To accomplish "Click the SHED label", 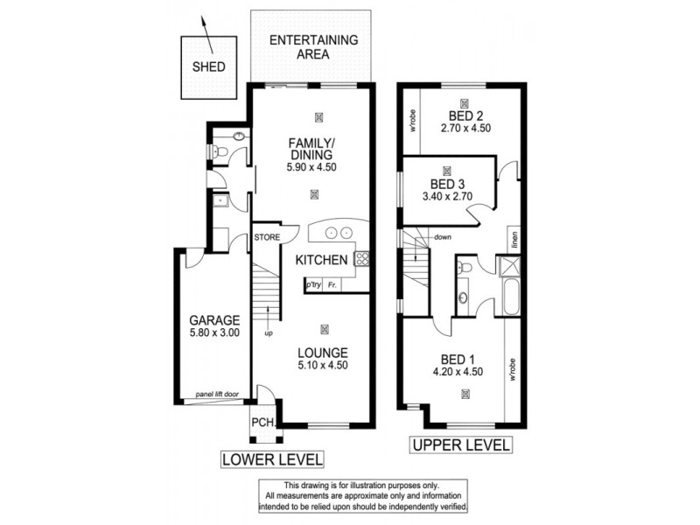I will click(x=208, y=66).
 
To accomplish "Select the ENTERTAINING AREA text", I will click(x=313, y=46).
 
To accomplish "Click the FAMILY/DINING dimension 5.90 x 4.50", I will click(x=312, y=168).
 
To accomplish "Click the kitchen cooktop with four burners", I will click(x=361, y=257).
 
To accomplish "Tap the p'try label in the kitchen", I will click(x=312, y=285).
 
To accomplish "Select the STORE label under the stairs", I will click(x=266, y=236).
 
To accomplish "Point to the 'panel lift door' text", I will click(x=217, y=395).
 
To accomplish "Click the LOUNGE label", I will click(x=322, y=353).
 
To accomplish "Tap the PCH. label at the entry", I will click(x=263, y=423).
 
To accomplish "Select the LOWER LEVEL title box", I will click(x=272, y=458).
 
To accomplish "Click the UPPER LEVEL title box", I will click(x=460, y=446).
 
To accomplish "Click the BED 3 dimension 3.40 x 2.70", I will click(x=448, y=198).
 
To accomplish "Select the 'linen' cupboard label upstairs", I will click(x=516, y=239).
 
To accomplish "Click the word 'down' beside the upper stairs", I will click(x=443, y=237).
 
